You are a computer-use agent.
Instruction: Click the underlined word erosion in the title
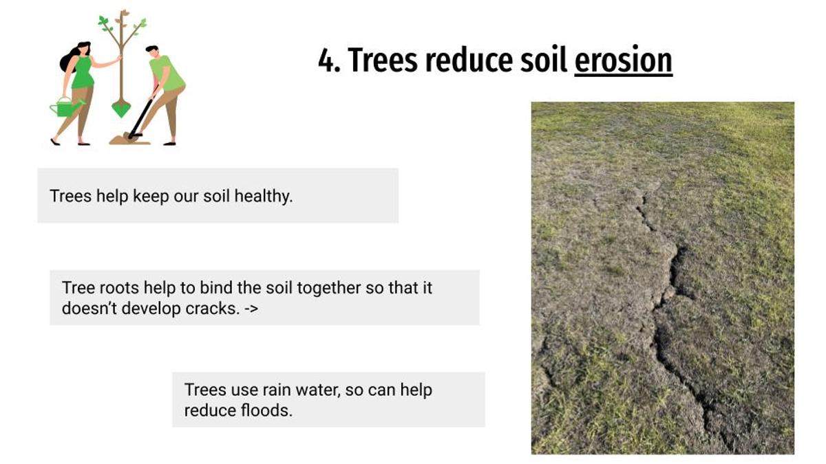pos(623,60)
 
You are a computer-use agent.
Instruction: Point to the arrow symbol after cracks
pos(251,309)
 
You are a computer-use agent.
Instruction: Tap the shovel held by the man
pos(142,114)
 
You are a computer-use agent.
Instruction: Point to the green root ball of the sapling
pos(121,109)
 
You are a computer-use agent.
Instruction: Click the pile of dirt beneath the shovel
pos(129,140)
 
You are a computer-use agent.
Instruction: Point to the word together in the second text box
pos(328,288)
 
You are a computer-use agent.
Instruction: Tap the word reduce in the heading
pos(469,60)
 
